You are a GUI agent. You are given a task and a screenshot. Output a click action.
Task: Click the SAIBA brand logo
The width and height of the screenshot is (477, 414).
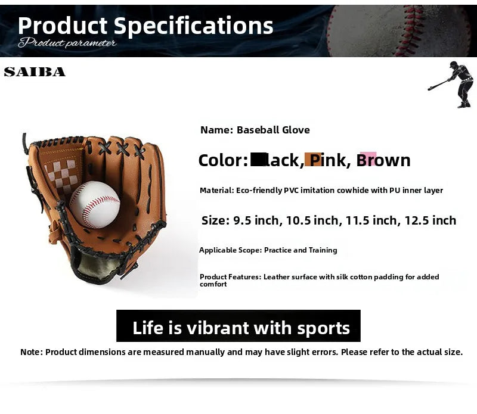(35, 72)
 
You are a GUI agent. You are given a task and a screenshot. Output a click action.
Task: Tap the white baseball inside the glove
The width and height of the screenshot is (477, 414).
(94, 204)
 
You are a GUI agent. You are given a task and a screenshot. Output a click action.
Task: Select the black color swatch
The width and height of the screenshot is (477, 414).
(258, 159)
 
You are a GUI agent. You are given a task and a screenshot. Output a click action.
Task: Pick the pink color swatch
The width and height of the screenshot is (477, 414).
(368, 158)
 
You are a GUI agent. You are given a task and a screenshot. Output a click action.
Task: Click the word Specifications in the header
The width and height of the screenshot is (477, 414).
(193, 26)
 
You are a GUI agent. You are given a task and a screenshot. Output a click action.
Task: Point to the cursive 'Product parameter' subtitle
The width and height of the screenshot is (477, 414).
(67, 43)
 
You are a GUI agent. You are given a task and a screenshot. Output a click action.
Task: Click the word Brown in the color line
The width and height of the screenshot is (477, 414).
(383, 160)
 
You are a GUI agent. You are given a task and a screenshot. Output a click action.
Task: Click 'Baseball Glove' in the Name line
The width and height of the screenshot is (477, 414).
(273, 130)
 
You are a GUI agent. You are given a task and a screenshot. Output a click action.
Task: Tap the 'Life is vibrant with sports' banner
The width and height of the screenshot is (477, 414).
(238, 327)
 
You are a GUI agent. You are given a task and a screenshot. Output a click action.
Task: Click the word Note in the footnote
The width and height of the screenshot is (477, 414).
(30, 352)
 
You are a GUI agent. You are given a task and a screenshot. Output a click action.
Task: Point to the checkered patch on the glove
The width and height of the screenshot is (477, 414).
(62, 173)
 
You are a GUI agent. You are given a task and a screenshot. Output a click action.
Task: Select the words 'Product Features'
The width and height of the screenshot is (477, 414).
(230, 277)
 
